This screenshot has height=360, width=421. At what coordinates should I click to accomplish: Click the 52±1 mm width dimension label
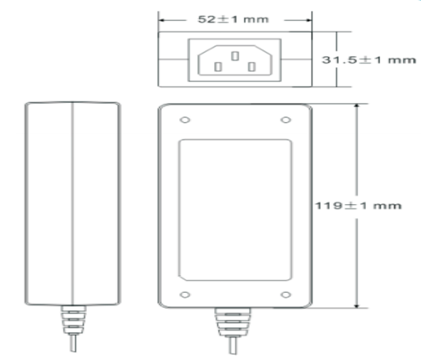point(233,19)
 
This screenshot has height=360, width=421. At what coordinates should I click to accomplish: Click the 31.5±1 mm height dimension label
point(369,60)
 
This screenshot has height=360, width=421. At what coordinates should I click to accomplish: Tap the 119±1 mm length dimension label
point(358,206)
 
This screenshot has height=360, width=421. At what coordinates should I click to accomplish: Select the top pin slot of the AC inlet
point(235,56)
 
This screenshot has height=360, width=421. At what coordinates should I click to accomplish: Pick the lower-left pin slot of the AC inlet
point(218,66)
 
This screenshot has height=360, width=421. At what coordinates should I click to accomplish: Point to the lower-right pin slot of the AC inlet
point(252,66)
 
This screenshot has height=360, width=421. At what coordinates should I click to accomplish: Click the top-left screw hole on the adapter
point(185,119)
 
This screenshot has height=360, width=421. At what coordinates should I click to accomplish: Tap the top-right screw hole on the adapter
point(285,119)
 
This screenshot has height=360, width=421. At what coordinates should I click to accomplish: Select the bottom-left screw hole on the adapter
point(185,295)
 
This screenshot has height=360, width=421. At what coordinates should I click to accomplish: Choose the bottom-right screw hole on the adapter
point(285,295)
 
